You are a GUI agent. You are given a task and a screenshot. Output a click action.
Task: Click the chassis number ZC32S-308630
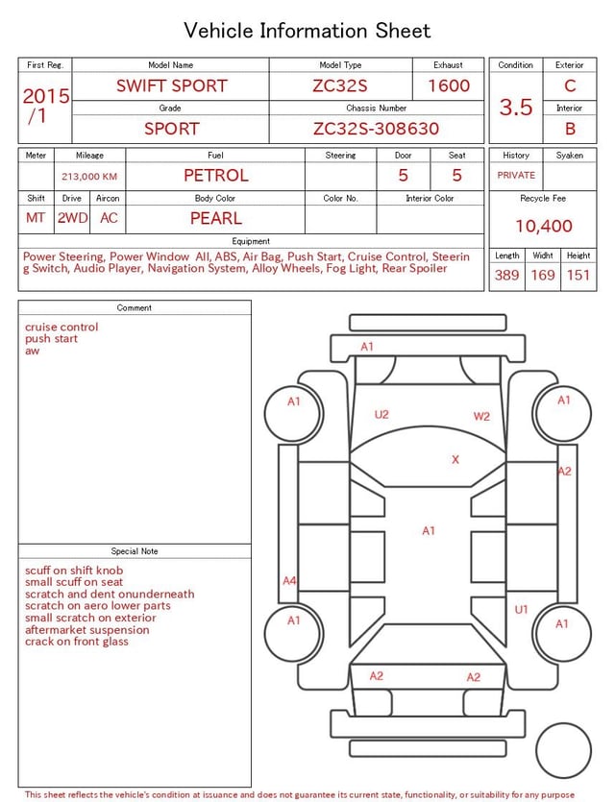[376, 129]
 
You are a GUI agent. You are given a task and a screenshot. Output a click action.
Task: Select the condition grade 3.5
[516, 107]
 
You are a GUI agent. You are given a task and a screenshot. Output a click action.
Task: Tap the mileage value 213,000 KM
[89, 177]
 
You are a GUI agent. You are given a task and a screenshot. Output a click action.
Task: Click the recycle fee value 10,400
[543, 226]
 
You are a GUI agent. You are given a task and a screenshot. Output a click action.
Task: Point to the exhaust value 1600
[449, 85]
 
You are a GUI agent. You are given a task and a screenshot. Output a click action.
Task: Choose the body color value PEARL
[216, 218]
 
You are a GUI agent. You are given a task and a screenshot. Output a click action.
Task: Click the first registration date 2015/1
[45, 106]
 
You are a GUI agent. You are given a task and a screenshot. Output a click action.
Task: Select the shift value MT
[36, 218]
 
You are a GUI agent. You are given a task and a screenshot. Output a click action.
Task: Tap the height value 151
[578, 275]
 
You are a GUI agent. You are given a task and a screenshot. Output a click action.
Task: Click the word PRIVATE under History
[516, 175]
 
